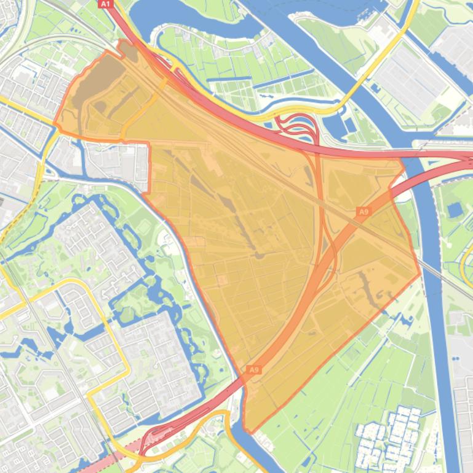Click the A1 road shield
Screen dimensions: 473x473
point(105,4)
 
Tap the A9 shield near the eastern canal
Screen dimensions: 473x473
point(364,212)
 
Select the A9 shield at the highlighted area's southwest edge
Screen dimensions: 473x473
point(254,370)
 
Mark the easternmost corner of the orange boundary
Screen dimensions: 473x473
point(420,275)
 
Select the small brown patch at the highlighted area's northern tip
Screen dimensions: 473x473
point(129,50)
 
